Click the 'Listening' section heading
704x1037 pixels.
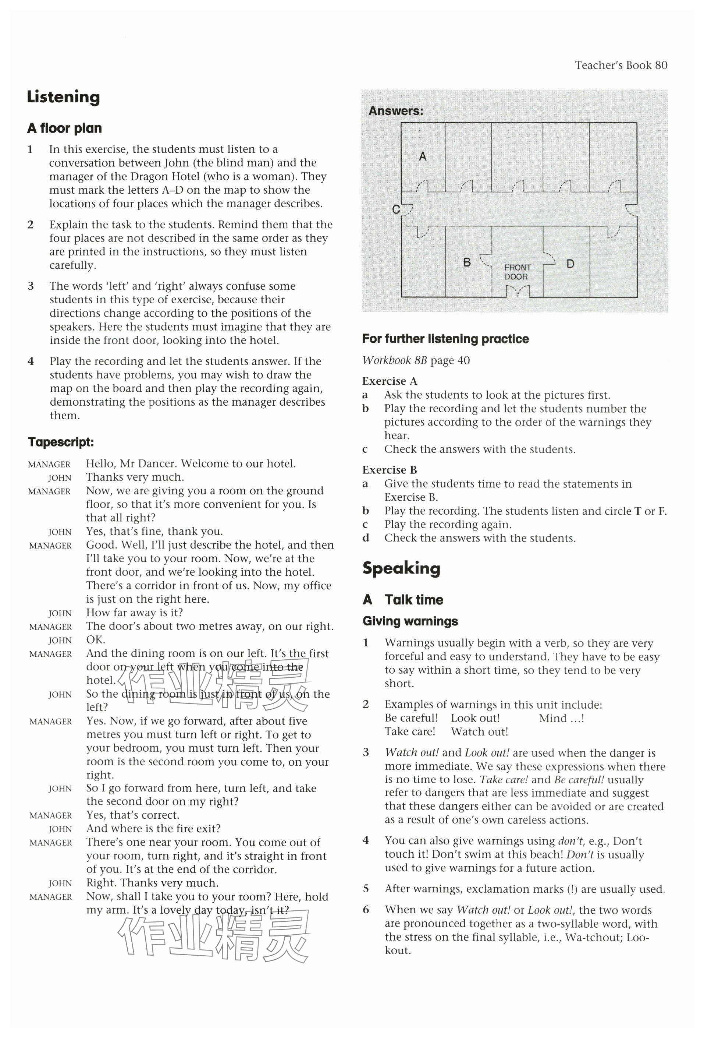pos(63,97)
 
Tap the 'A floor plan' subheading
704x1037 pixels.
pos(64,128)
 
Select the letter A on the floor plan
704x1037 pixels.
pos(423,156)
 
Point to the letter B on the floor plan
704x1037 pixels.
pos(467,262)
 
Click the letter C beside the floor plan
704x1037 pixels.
pos(395,209)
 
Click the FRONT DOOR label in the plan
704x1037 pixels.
pos(517,272)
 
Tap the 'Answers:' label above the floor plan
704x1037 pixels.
pos(396,111)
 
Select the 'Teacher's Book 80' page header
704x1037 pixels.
pos(621,65)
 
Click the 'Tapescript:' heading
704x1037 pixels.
pos(61,442)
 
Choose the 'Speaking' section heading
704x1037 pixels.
pos(401,568)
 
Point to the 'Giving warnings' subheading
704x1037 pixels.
pos(410,621)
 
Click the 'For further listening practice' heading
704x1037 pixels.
pos(445,339)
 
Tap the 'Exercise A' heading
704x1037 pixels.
pos(389,381)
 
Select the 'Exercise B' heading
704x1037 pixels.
pos(389,469)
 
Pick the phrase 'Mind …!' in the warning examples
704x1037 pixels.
pos(561,718)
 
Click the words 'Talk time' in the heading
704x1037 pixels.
pos(414,599)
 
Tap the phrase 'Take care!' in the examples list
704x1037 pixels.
pos(410,731)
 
